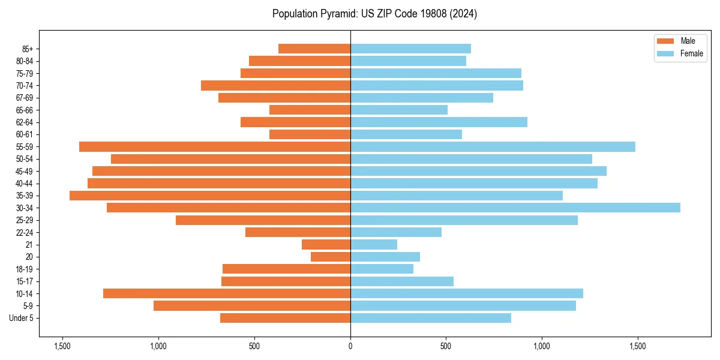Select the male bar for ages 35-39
(210, 196)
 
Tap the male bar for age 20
(331, 257)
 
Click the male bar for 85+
(314, 49)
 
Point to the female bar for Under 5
(431, 318)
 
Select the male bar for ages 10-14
(227, 293)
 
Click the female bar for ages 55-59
(493, 147)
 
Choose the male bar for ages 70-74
(275, 86)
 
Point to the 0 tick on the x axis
(350, 346)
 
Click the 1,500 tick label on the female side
(638, 346)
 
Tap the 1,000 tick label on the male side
(158, 346)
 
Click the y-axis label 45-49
(24, 172)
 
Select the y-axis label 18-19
(24, 269)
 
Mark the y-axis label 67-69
(24, 98)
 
